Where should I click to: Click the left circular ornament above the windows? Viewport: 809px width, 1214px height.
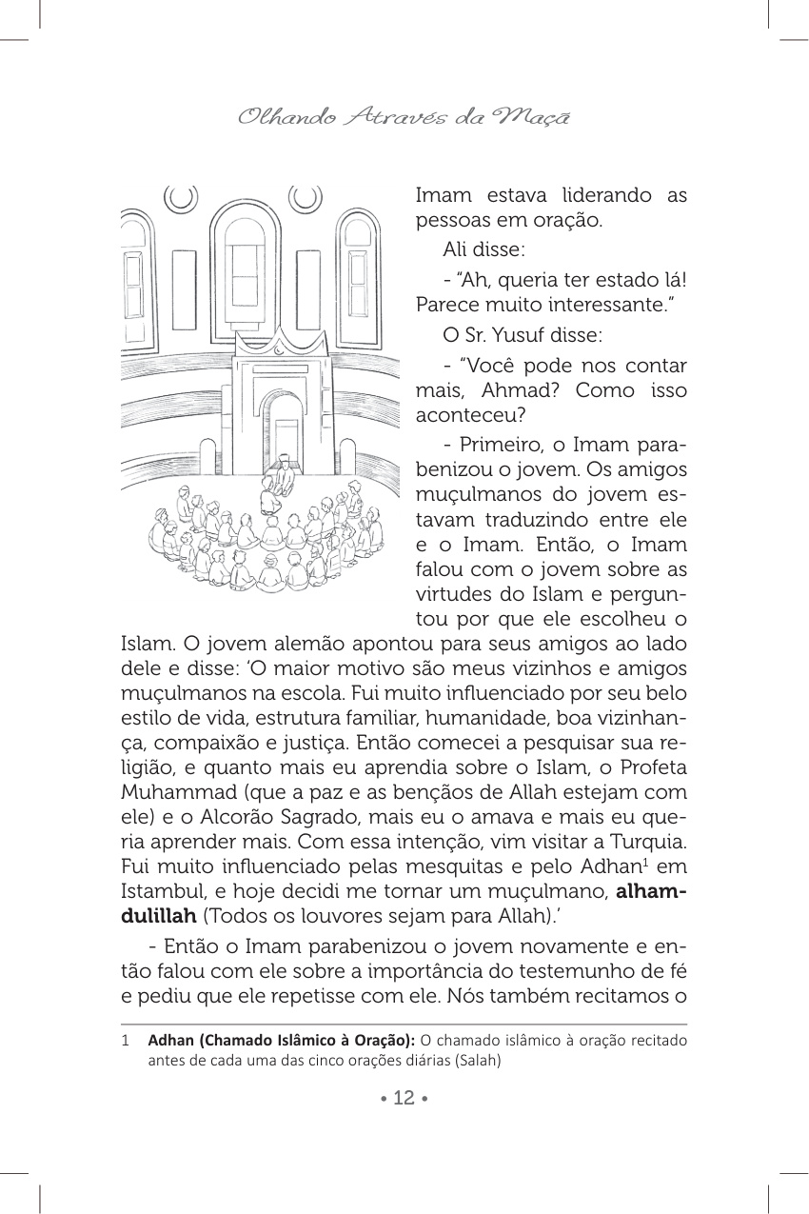[x=181, y=197]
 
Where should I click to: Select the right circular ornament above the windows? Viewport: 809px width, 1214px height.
[x=306, y=197]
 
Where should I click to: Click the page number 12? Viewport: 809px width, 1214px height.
[x=404, y=1098]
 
